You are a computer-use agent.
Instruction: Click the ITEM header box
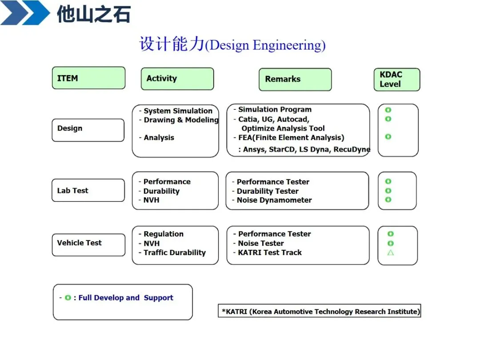coord(88,78)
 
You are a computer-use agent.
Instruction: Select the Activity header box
coord(177,79)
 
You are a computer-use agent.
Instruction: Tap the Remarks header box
coord(295,79)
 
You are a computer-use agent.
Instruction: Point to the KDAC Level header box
coord(396,79)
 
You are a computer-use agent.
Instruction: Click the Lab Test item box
coord(88,191)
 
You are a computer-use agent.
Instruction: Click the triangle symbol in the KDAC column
coord(391,252)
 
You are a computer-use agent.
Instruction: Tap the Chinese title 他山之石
coord(94,14)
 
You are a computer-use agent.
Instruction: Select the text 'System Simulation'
coord(178,111)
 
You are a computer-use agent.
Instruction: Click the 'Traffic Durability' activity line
coord(174,252)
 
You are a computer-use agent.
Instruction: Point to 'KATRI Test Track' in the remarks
coord(269,252)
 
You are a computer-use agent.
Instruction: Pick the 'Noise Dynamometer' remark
coord(274,200)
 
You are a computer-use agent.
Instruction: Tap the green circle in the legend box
coord(68,298)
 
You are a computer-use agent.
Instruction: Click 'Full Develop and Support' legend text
coord(126,298)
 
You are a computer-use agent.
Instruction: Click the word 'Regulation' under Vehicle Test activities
coord(163,234)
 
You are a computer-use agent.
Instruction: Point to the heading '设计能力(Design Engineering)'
coord(232,45)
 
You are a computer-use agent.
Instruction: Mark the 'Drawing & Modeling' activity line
coord(181,120)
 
